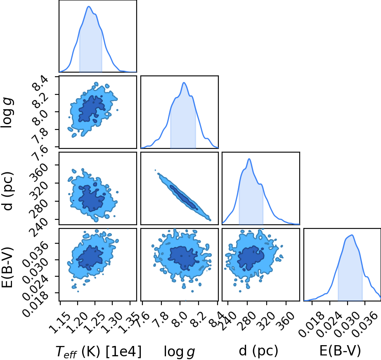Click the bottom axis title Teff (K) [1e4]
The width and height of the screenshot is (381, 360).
98,351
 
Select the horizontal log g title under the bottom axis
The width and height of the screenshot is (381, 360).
179,351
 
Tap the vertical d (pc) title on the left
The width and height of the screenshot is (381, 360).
8,191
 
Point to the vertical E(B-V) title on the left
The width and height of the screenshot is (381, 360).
7,267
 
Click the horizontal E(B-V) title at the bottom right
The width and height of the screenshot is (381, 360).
340,351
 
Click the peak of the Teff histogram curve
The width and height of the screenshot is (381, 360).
88,7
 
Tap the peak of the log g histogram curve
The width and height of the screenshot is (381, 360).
184,83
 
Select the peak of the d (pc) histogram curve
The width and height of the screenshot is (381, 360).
249,159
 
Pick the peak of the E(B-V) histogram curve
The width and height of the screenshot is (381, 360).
352,235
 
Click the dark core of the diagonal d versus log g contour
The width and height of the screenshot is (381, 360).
183,197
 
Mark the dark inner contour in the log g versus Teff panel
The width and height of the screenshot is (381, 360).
92,109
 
